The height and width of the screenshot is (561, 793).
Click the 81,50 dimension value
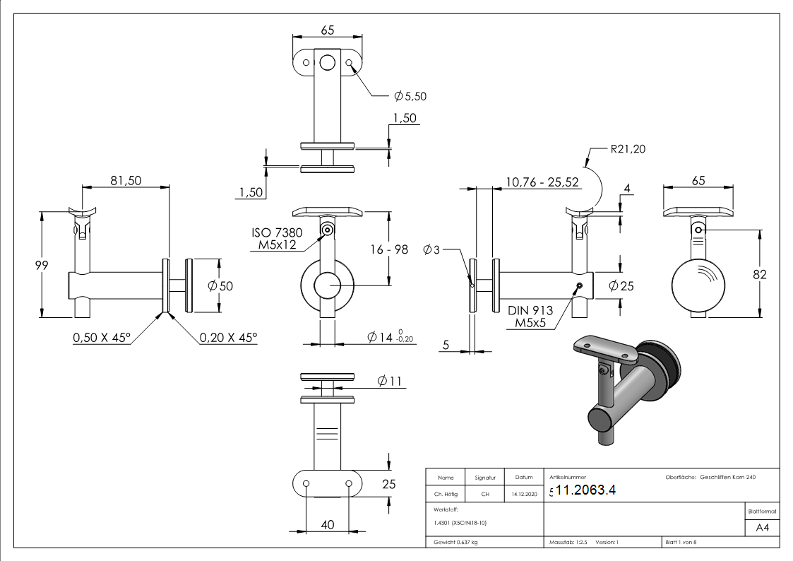pyautogui.click(x=126, y=181)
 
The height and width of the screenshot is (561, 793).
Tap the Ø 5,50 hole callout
pyautogui.click(x=412, y=95)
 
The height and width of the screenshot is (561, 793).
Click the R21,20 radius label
pyautogui.click(x=628, y=149)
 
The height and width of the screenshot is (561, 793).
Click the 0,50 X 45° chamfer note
pyautogui.click(x=102, y=338)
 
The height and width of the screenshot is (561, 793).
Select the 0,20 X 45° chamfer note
pyautogui.click(x=228, y=338)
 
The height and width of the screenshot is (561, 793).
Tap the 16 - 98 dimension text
pyautogui.click(x=389, y=249)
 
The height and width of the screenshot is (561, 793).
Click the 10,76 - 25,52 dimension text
pyautogui.click(x=542, y=182)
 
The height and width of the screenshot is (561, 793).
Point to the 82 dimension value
pyautogui.click(x=760, y=275)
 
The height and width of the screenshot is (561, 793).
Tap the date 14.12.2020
pyautogui.click(x=523, y=495)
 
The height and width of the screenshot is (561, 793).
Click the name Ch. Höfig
pyautogui.click(x=446, y=495)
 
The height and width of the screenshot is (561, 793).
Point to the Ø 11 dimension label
pyautogui.click(x=389, y=382)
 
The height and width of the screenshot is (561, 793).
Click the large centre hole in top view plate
pyautogui.click(x=327, y=63)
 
